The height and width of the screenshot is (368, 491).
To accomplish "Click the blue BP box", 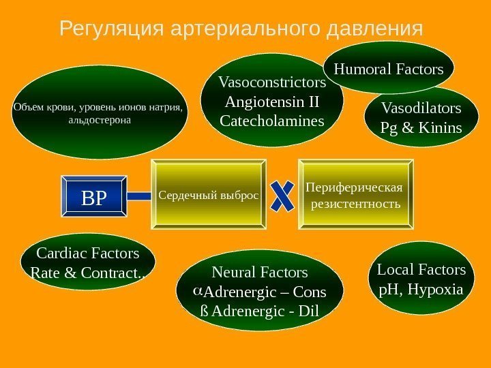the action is coord(94,197).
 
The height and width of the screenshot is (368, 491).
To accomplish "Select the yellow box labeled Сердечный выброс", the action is coord(209,196).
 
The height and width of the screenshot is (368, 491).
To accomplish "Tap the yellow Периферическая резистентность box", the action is coord(355,196).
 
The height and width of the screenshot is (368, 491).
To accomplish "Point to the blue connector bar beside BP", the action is coord(140,196).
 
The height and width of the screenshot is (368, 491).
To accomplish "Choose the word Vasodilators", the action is coord(421,108).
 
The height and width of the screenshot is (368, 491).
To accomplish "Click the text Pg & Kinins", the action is coord(421,127).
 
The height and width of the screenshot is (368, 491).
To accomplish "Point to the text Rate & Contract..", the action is coord(88,274).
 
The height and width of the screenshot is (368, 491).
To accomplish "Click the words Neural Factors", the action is coord(260,273).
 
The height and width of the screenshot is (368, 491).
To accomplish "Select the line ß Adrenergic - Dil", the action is coord(260,311).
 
